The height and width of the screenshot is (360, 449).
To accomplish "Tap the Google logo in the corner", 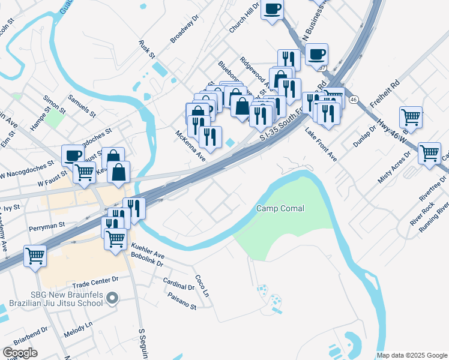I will coord(20,352).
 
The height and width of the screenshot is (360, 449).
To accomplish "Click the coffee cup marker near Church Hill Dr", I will coord(273,10).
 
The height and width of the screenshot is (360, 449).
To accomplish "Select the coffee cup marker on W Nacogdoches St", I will coord(73,155).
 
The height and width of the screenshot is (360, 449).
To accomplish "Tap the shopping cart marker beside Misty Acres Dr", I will coord(430,154).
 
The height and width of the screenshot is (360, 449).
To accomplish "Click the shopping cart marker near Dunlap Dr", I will coord(411,116).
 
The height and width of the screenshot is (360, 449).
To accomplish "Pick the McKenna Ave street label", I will coord(190,146).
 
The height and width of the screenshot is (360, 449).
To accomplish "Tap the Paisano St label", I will coord(182,301).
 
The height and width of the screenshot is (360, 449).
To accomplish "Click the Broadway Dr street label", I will coord(184,30).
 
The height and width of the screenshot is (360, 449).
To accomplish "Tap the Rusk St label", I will coord(146,49).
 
